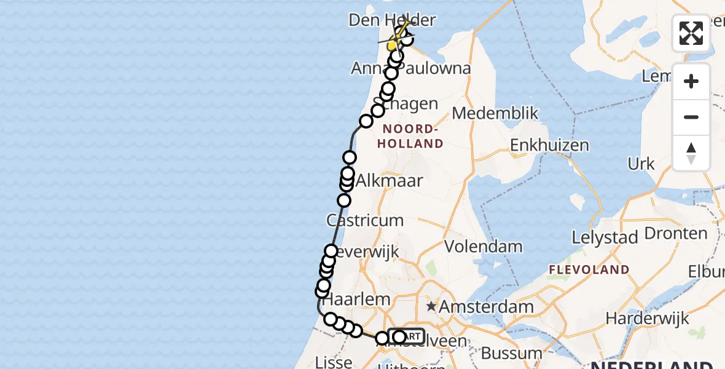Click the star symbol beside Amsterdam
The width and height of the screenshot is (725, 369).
432,306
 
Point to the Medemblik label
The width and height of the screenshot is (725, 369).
495,113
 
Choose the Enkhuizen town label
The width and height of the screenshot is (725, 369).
549,146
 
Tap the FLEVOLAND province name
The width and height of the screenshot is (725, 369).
589,269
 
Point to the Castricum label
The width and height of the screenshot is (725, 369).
365,220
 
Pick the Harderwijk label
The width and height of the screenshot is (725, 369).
649,318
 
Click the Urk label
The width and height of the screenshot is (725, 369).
641,164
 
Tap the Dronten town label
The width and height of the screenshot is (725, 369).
676,234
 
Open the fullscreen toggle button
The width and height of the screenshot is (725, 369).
691,33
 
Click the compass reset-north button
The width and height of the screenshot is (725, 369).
691,153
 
